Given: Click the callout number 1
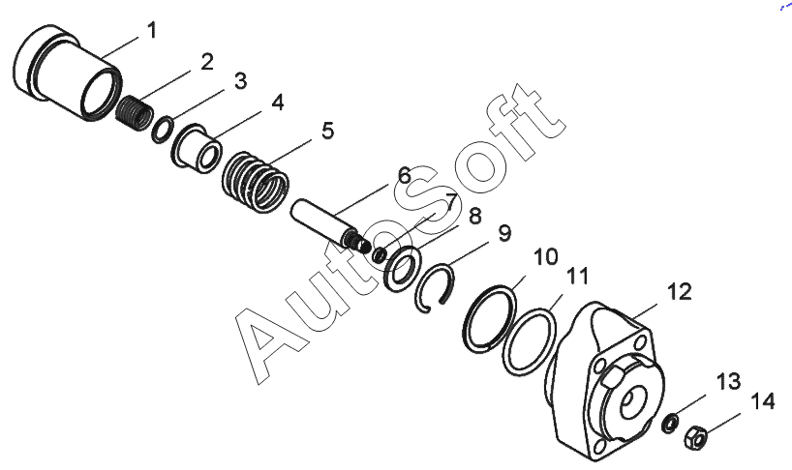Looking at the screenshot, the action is [x=151, y=31].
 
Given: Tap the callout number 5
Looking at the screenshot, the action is [x=327, y=130].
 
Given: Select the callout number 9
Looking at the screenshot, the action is [x=504, y=233].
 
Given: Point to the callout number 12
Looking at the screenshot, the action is [x=679, y=290].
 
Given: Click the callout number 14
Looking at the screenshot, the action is [x=763, y=399].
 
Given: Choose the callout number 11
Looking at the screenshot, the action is [x=577, y=277].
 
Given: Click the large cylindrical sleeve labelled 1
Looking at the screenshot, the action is [x=68, y=73].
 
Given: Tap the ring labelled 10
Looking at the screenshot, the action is [x=489, y=317].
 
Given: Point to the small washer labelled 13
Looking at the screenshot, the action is [x=667, y=422].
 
